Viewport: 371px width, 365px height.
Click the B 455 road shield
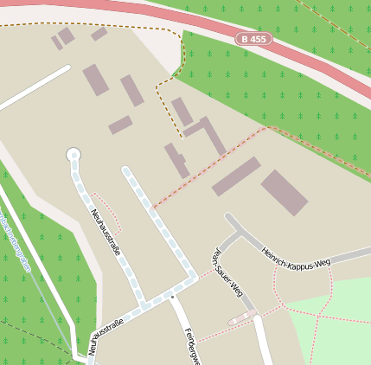coord(253,39)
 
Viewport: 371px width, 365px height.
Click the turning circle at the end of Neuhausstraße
coord(74,155)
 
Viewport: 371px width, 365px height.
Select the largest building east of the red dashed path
coord(285,192)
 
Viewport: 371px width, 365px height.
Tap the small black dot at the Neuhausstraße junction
coord(172,297)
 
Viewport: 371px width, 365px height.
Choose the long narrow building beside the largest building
coord(235,176)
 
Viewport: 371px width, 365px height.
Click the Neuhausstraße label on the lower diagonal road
coord(106,336)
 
